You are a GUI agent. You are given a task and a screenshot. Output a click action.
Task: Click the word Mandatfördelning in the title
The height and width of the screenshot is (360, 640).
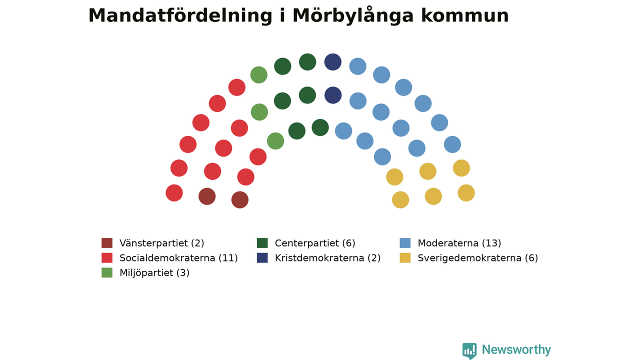[180, 16]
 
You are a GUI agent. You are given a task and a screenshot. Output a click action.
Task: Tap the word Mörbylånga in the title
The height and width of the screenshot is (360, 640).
[353, 15]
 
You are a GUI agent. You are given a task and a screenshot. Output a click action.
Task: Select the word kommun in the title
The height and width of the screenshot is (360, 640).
[465, 16]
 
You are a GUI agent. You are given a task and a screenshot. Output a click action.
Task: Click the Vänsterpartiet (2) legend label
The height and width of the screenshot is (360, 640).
[161, 243]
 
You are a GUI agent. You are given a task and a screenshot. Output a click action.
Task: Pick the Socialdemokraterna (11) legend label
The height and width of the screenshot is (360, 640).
[178, 258]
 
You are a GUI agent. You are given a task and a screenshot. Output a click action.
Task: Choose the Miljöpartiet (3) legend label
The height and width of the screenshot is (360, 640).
[154, 273]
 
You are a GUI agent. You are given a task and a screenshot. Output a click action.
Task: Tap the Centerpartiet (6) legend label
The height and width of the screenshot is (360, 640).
[315, 243]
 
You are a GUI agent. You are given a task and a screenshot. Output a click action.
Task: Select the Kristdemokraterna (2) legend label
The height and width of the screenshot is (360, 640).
[327, 258]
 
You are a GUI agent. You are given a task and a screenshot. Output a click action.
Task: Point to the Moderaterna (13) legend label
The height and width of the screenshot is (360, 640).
[459, 243]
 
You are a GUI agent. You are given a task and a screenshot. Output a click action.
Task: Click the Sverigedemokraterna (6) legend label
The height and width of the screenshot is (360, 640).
[477, 258]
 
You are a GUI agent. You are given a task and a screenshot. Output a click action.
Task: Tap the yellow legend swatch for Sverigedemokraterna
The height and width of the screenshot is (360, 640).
[405, 257]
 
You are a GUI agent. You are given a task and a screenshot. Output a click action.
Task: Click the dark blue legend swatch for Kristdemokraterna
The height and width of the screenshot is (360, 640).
[262, 257]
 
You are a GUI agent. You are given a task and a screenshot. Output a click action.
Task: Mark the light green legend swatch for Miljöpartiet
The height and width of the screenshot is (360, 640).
[107, 272]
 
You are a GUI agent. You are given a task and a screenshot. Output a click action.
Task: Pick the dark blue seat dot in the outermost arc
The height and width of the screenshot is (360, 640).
[333, 62]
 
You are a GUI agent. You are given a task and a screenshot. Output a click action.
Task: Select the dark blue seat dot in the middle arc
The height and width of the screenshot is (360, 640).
[333, 95]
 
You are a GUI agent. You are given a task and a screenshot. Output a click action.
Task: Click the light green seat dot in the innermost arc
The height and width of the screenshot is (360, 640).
[275, 141]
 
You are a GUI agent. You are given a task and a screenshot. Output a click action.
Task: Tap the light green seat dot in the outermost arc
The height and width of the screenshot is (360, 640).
[259, 75]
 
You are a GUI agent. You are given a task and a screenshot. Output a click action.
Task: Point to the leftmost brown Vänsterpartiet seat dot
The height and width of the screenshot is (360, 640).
[207, 196]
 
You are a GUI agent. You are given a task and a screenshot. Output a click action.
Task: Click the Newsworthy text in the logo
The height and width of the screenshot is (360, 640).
[516, 349]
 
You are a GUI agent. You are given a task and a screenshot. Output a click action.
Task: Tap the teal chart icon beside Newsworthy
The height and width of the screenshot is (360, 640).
[469, 350]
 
